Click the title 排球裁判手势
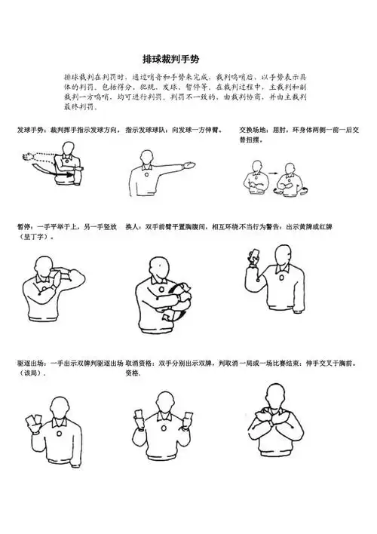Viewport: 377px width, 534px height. click(171, 59)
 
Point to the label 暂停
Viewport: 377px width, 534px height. click(24, 226)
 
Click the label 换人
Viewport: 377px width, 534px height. click(133, 226)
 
